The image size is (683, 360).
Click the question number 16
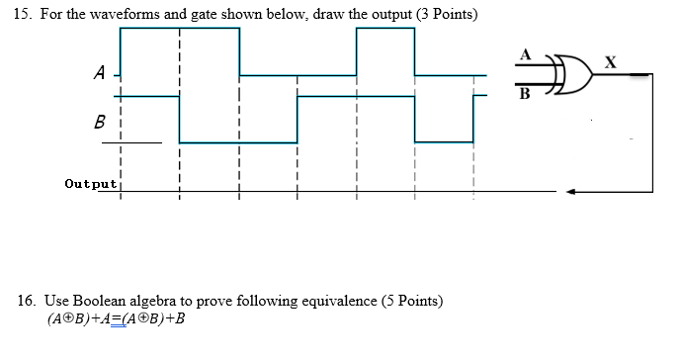[23, 300]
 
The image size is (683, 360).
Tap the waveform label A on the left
[99, 72]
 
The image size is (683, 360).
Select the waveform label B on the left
[99, 124]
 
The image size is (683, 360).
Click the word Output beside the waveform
[90, 183]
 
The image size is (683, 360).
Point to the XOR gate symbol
[573, 72]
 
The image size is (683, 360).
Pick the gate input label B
[525, 95]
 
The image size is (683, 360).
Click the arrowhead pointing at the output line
[570, 192]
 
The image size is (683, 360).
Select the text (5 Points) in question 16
[413, 300]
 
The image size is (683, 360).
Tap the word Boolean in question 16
[102, 300]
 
